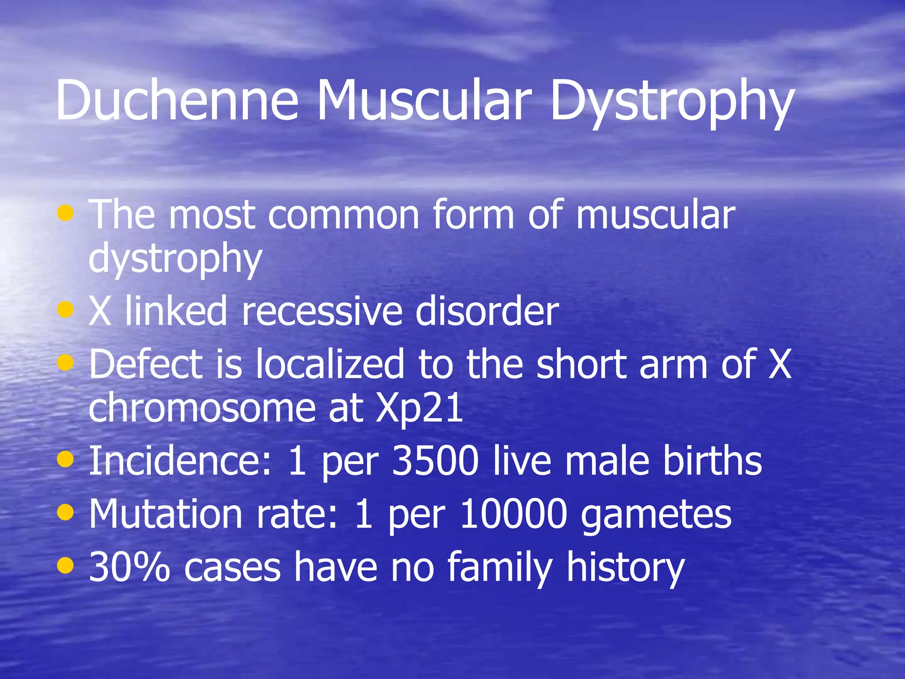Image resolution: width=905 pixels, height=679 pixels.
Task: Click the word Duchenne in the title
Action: (x=177, y=101)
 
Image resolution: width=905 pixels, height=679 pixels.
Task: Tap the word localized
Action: (x=330, y=364)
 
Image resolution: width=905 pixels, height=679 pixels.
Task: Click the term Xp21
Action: (x=419, y=408)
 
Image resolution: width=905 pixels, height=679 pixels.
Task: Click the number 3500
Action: (x=435, y=461)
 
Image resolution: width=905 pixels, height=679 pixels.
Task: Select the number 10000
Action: (x=513, y=514)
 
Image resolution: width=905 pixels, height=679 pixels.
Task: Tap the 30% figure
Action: (x=129, y=567)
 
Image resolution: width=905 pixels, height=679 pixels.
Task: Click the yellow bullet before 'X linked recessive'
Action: (x=65, y=309)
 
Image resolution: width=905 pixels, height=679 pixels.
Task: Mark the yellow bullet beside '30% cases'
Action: (x=65, y=565)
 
